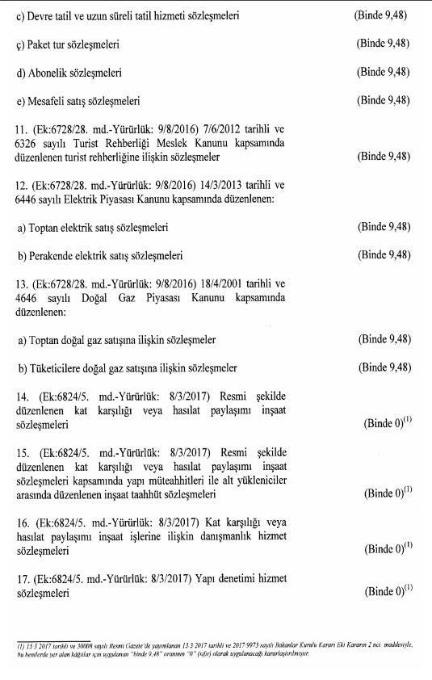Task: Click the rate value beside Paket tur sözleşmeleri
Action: click(384, 46)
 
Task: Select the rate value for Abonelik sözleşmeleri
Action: click(384, 73)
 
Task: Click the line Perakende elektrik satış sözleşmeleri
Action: click(102, 257)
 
